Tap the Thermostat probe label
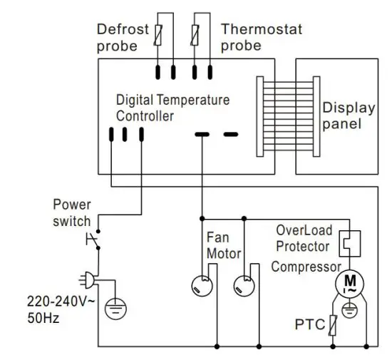coord(261,37)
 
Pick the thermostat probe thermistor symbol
coord(202,32)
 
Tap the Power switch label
coord(72,215)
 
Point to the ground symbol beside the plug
coord(115,308)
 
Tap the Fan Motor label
coord(223,245)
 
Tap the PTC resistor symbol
coord(331,326)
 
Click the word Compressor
coord(306,267)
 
